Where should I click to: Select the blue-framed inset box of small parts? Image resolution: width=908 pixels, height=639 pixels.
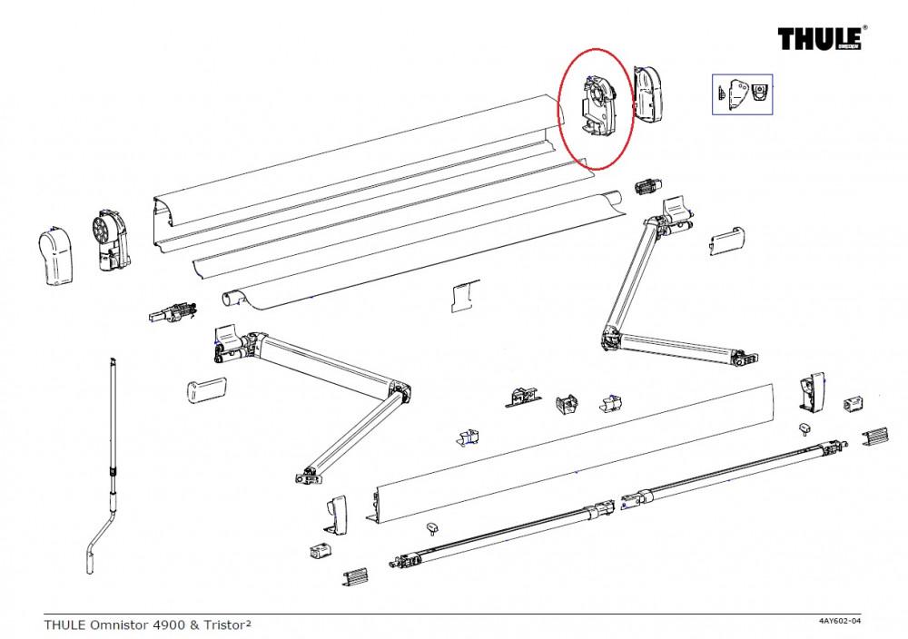point(741,93)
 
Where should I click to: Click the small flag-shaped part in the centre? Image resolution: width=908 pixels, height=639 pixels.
point(462,296)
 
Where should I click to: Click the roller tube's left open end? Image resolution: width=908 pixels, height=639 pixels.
point(232,297)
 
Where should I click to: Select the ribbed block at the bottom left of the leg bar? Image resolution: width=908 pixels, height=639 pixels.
point(356,576)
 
